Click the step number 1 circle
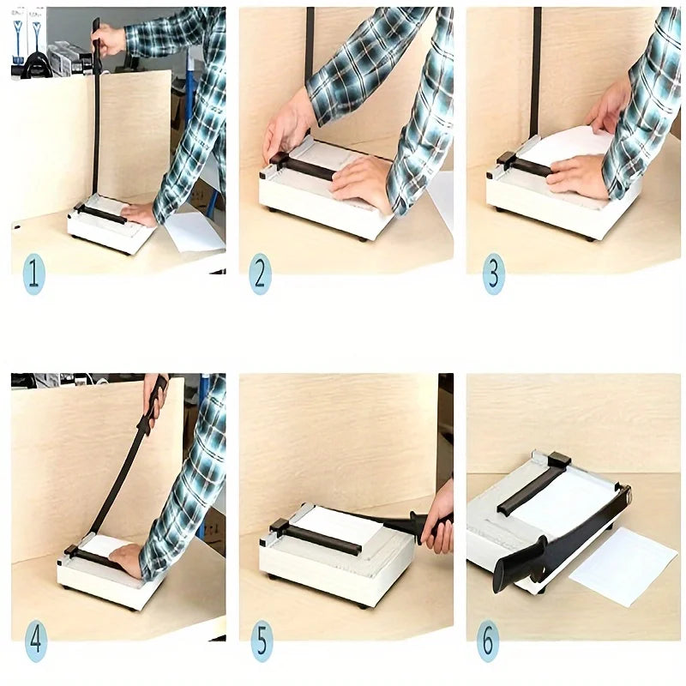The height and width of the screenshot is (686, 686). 33,274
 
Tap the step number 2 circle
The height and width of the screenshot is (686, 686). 261,274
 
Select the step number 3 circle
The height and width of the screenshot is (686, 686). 494,274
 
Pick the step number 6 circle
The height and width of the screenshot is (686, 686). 488,641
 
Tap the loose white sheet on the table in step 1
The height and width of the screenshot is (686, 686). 194,231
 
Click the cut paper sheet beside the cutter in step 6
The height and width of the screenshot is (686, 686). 624,566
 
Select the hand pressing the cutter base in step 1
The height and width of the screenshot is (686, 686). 139,215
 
